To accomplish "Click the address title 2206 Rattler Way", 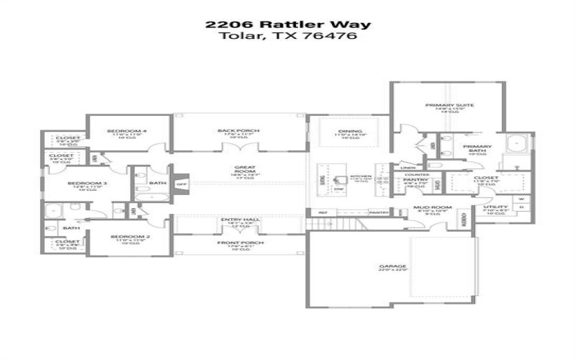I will [287, 24].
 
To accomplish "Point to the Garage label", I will [393, 266].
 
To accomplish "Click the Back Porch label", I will [238, 130].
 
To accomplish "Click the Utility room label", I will [495, 207].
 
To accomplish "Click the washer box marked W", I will [520, 198].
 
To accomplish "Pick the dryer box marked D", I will [520, 209].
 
